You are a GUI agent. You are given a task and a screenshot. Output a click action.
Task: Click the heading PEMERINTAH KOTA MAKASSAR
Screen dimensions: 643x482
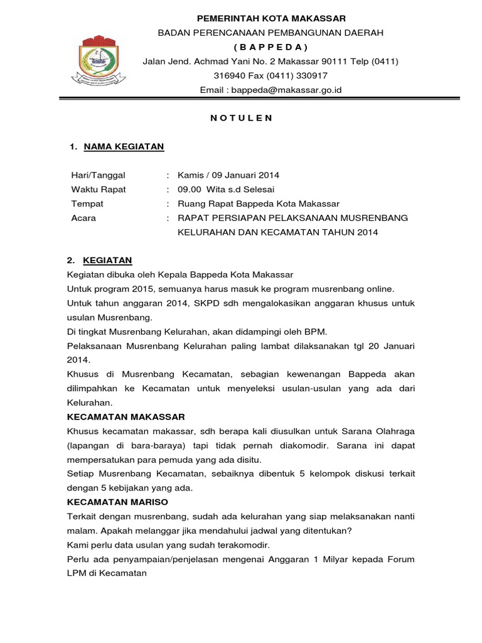270,18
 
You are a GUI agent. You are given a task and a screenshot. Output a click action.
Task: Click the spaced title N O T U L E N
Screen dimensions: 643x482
241,117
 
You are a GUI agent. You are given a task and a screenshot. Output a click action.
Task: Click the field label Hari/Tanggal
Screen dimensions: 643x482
99,175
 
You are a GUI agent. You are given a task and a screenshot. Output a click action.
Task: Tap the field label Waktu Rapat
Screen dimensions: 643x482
99,189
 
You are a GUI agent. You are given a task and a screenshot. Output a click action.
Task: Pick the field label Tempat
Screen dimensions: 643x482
87,203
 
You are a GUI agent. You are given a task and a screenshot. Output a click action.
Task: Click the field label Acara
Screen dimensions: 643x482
83,218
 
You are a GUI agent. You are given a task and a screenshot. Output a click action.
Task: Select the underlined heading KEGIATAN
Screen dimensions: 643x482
107,261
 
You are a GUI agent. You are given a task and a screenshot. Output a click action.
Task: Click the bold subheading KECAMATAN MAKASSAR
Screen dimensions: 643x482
126,416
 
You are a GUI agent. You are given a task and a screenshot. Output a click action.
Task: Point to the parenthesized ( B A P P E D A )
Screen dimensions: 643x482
270,47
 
